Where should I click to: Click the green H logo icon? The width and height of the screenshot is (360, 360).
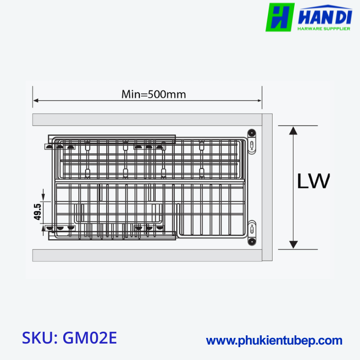tap(280, 16)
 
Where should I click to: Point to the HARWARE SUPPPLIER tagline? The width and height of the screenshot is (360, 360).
tap(324, 29)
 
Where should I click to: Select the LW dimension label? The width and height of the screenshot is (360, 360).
tap(313, 182)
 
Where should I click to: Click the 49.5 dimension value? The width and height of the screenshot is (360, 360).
tap(38, 212)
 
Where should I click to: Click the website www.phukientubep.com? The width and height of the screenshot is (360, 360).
tap(274, 340)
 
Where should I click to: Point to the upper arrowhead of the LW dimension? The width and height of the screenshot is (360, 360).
tap(293, 130)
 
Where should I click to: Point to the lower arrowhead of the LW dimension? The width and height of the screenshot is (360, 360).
tap(293, 245)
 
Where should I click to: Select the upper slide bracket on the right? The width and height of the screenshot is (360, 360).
tap(251, 140)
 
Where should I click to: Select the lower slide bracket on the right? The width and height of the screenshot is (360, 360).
tap(251, 232)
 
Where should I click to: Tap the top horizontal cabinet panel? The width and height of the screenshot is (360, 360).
tap(147, 120)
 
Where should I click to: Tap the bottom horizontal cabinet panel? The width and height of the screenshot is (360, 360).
tap(147, 255)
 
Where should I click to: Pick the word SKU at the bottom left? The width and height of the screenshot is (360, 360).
tap(39, 338)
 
